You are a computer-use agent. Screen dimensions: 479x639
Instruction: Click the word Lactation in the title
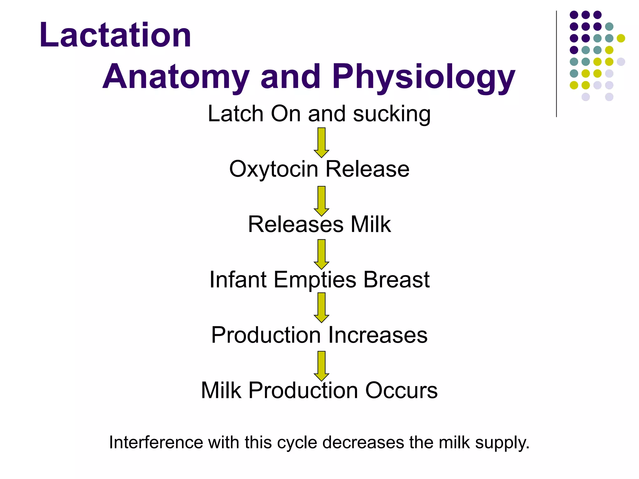point(115,35)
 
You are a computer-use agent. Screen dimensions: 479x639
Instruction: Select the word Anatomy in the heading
point(176,77)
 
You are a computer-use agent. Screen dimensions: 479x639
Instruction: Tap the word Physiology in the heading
point(423,77)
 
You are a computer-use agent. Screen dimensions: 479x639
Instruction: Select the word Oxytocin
point(274,169)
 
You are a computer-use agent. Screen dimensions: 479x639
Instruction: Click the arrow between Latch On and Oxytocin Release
point(321,142)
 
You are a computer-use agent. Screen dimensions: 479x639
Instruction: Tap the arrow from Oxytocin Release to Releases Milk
point(321,201)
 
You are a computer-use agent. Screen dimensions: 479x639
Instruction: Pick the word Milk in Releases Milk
point(371,224)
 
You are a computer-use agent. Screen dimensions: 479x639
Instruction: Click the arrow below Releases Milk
point(321,254)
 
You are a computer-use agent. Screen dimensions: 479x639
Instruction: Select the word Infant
point(238,279)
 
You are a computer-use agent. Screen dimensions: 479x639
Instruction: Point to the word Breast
point(397,279)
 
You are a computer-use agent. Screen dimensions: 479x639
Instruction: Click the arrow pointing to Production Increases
point(321,307)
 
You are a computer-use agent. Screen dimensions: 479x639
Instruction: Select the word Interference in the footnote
point(156,442)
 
